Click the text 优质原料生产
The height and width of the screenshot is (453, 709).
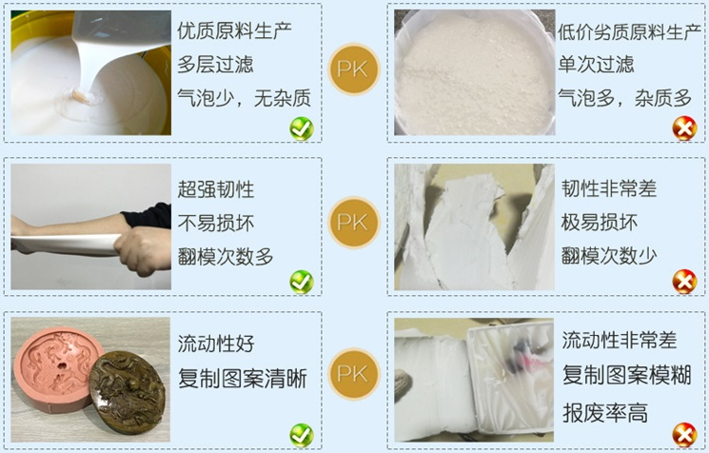pos(234,30)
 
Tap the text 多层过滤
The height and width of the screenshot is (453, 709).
pos(215,65)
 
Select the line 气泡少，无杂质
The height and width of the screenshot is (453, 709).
pos(244,98)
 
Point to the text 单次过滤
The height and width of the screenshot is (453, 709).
pos(596,65)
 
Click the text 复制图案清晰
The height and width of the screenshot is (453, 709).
pos(243,377)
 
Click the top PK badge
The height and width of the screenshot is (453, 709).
pos(354,68)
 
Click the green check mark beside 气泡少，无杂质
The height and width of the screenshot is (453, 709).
pos(302,128)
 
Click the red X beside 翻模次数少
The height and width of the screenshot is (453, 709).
pos(683,281)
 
